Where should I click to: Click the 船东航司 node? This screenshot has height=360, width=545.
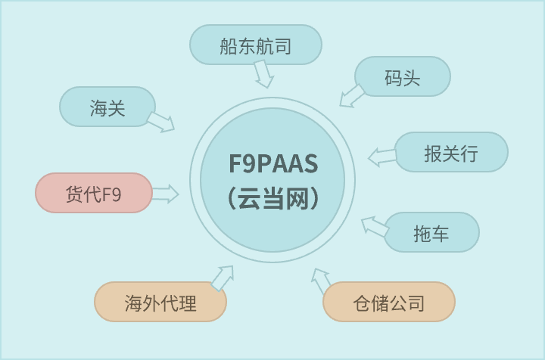tap(255, 45)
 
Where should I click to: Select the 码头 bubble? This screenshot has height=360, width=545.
tap(402, 77)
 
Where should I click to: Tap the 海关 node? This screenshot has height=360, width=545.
tap(107, 107)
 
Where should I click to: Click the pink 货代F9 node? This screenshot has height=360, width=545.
tap(93, 194)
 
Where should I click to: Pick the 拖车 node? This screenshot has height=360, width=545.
tap(431, 233)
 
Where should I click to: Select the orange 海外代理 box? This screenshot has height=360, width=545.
tap(160, 303)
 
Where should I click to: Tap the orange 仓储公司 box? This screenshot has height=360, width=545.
tap(388, 303)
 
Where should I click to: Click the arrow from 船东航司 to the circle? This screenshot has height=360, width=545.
tap(263, 73)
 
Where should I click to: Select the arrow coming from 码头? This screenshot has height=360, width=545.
tap(350, 96)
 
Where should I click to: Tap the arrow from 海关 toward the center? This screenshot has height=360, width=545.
tap(160, 122)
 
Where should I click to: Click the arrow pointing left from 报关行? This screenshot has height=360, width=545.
tap(382, 157)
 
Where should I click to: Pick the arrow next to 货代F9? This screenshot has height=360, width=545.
tap(165, 194)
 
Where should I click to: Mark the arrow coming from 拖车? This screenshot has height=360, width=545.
tap(374, 226)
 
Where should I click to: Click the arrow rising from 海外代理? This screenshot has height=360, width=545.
tap(222, 278)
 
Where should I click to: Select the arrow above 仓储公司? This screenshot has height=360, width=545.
tap(321, 280)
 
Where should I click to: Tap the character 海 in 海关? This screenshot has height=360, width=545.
tap(98, 107)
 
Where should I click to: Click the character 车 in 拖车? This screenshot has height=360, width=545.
tap(441, 234)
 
